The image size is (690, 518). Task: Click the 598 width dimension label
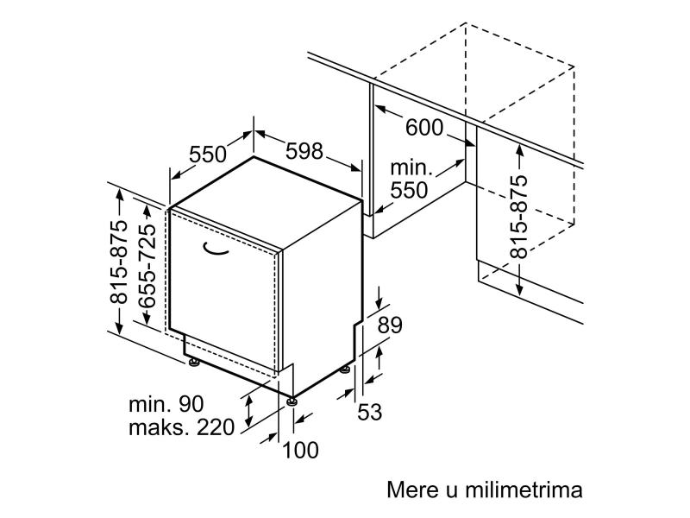304,152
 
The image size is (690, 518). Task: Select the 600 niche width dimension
424,128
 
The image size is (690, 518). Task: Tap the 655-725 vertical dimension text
147,266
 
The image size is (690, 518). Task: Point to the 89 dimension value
390,325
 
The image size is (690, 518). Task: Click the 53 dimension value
370,413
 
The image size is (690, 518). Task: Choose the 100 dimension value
300,450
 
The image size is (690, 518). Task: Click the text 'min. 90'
166,404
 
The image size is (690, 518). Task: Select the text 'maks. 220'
181,427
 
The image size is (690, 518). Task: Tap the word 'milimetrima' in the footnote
524,490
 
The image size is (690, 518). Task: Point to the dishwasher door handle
215,250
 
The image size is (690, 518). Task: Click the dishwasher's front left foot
193,362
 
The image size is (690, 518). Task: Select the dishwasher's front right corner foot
292,401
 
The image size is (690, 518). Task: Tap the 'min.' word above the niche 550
411,167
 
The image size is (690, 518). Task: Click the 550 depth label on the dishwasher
208,155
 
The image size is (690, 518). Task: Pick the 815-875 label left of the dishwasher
118,262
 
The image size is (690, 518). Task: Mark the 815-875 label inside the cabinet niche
518,217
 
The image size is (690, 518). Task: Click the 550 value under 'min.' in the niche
409,190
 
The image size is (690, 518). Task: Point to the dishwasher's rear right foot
345,370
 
